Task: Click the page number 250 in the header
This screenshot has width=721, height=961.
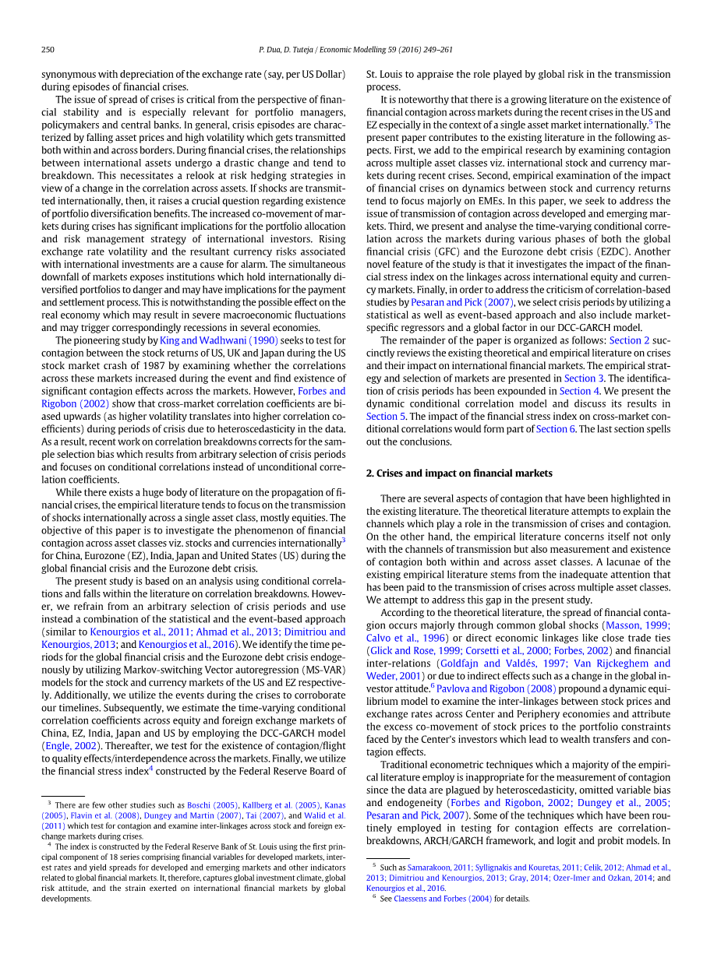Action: point(48,50)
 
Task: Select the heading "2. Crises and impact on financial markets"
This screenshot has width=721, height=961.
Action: point(459,473)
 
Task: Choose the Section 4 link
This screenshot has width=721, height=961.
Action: point(574,391)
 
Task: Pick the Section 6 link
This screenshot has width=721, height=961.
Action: point(551,429)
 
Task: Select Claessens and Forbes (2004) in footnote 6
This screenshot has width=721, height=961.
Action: point(442,898)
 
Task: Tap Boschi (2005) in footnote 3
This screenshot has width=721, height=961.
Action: point(213,805)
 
